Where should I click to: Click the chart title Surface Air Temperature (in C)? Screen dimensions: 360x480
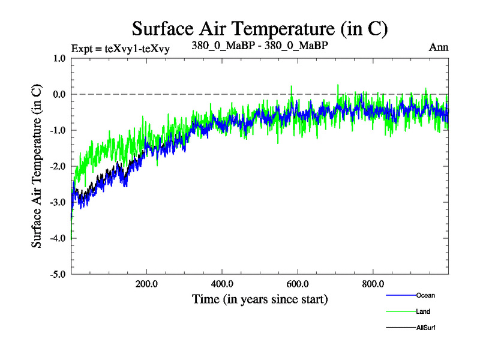coord(260,28)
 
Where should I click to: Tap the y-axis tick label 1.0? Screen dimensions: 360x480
coord(58,59)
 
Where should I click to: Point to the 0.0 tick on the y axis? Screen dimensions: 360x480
coord(58,95)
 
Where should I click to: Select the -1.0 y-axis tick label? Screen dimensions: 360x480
coord(57,131)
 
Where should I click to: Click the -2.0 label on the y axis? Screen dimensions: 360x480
coord(57,167)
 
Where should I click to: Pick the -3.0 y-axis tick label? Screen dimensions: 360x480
coord(57,203)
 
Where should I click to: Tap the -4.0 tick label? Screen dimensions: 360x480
coord(57,239)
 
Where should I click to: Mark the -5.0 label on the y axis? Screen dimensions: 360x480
coord(57,275)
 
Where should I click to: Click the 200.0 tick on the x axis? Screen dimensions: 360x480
coord(147,284)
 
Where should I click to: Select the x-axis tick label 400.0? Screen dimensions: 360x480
coord(222,284)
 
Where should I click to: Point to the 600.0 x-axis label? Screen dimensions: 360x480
coord(298,284)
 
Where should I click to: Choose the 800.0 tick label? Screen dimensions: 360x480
coord(373,284)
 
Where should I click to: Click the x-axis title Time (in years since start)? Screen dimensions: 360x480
coord(260,298)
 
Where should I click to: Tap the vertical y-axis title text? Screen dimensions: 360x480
coord(37,167)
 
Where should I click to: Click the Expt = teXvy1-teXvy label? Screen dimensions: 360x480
coord(120,49)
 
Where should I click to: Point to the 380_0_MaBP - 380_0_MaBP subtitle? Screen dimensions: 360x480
coord(260,45)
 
